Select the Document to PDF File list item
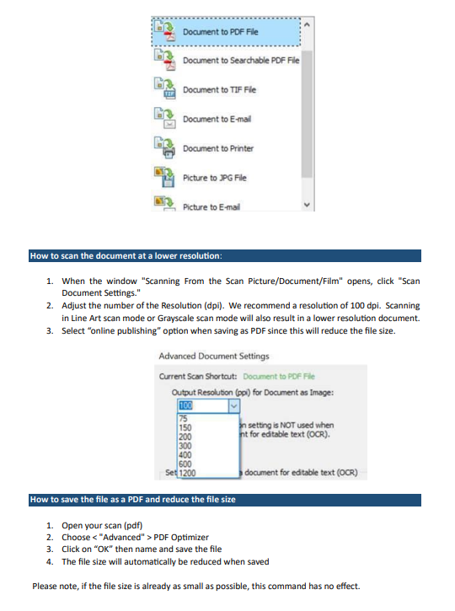coord(226,32)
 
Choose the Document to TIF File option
coord(219,89)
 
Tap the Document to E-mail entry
coord(217,119)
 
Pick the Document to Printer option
coord(218,148)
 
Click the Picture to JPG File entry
coord(215,178)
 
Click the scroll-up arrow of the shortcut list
coord(307,24)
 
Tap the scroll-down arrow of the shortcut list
coord(307,205)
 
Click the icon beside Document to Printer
coord(165,147)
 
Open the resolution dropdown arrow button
coord(233,406)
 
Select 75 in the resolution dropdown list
coord(183,419)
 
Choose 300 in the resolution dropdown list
coord(185,446)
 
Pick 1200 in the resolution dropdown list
coord(187,473)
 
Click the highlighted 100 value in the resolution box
coord(185,405)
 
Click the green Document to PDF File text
coord(279,377)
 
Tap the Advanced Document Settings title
coord(214,356)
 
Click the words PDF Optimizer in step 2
coord(181,538)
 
